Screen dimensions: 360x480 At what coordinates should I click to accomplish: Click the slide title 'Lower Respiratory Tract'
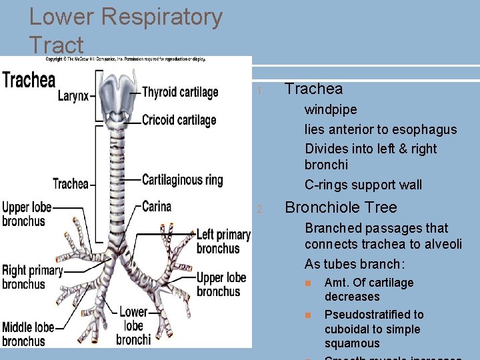[x=125, y=31]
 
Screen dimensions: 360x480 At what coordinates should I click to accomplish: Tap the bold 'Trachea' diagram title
[x=29, y=81]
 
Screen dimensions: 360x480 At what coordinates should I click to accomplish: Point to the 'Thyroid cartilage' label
[x=180, y=92]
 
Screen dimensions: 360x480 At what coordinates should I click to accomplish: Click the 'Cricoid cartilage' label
[x=179, y=120]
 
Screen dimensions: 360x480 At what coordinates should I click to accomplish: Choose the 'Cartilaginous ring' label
[x=183, y=179]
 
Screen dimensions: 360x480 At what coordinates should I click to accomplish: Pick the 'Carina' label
[x=157, y=207]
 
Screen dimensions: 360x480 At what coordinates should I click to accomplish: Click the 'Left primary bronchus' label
[x=223, y=241]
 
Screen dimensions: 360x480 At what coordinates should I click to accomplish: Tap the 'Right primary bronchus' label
[x=31, y=277]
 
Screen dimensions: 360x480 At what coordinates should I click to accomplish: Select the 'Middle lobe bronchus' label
[x=28, y=334]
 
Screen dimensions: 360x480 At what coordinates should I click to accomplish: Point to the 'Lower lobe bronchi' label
[x=133, y=326]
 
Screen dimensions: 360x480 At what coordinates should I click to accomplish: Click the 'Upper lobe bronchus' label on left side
[x=24, y=214]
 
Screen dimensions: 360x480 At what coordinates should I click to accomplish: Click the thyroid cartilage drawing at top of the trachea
[x=116, y=93]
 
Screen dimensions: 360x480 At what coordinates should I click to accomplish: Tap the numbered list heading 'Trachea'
[x=313, y=89]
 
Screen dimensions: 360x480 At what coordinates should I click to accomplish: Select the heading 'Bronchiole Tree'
[x=340, y=207]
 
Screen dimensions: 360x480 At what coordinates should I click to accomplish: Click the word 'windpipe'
[x=331, y=109]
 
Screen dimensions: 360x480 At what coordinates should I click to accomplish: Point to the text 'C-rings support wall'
[x=363, y=185]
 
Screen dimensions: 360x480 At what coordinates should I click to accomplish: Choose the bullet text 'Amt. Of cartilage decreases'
[x=369, y=289]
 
